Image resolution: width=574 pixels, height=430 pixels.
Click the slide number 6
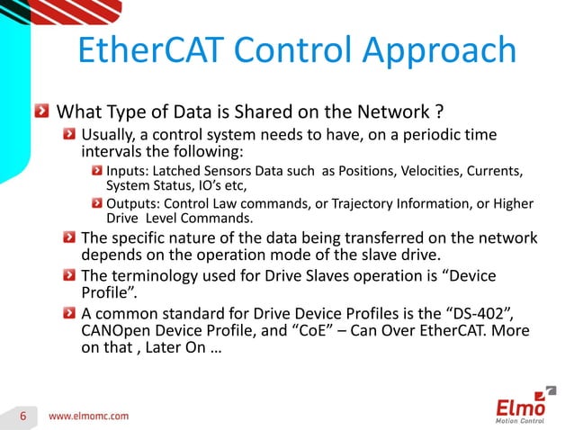pyautogui.click(x=26, y=416)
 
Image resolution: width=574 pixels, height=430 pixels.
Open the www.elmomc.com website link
pyautogui.click(x=88, y=416)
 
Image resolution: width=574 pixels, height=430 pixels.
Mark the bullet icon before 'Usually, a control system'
pyautogui.click(x=68, y=135)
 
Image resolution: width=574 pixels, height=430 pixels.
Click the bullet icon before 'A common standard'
pyautogui.click(x=68, y=313)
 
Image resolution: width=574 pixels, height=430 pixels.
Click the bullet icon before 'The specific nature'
pyautogui.click(x=68, y=238)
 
